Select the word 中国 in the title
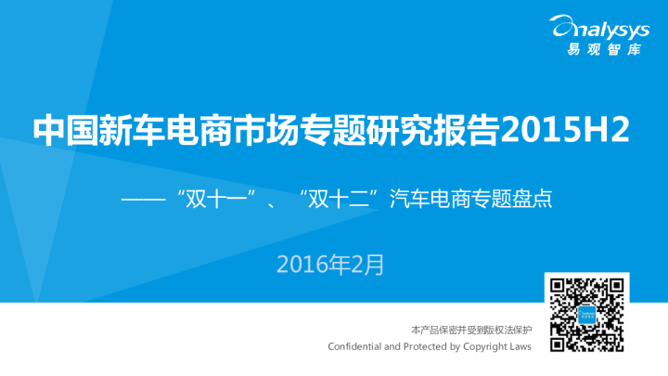[63, 130]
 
